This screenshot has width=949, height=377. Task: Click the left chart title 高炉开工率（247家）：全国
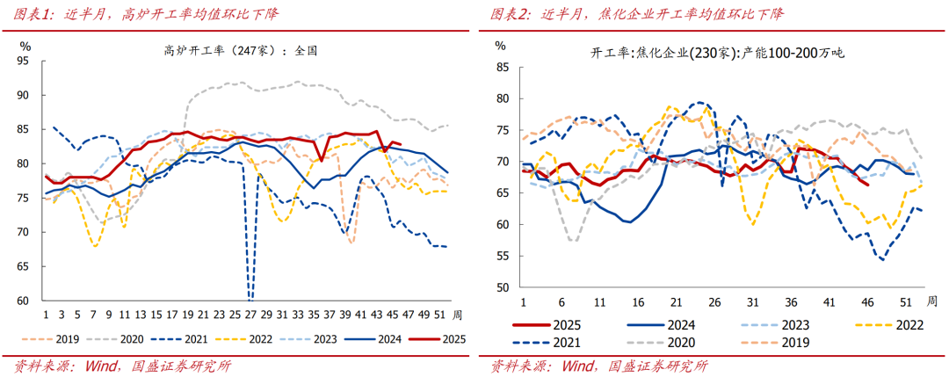240,50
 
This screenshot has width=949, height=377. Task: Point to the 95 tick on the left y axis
24,62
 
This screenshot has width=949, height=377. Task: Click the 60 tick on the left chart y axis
24,301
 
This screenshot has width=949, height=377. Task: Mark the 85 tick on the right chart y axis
502,67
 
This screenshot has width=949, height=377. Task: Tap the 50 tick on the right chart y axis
502,287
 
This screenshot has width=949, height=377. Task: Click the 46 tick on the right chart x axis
868,301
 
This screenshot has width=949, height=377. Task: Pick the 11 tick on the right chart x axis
598,301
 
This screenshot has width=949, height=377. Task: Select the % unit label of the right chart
500,45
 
